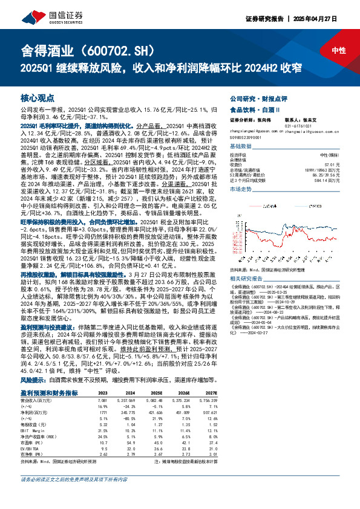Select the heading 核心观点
pos(38,97)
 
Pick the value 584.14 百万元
pos(328,180)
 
